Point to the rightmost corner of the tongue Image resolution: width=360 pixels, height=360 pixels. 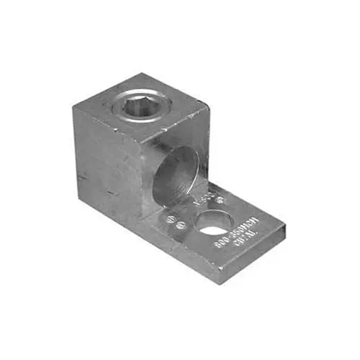pyautogui.click(x=285, y=226)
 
